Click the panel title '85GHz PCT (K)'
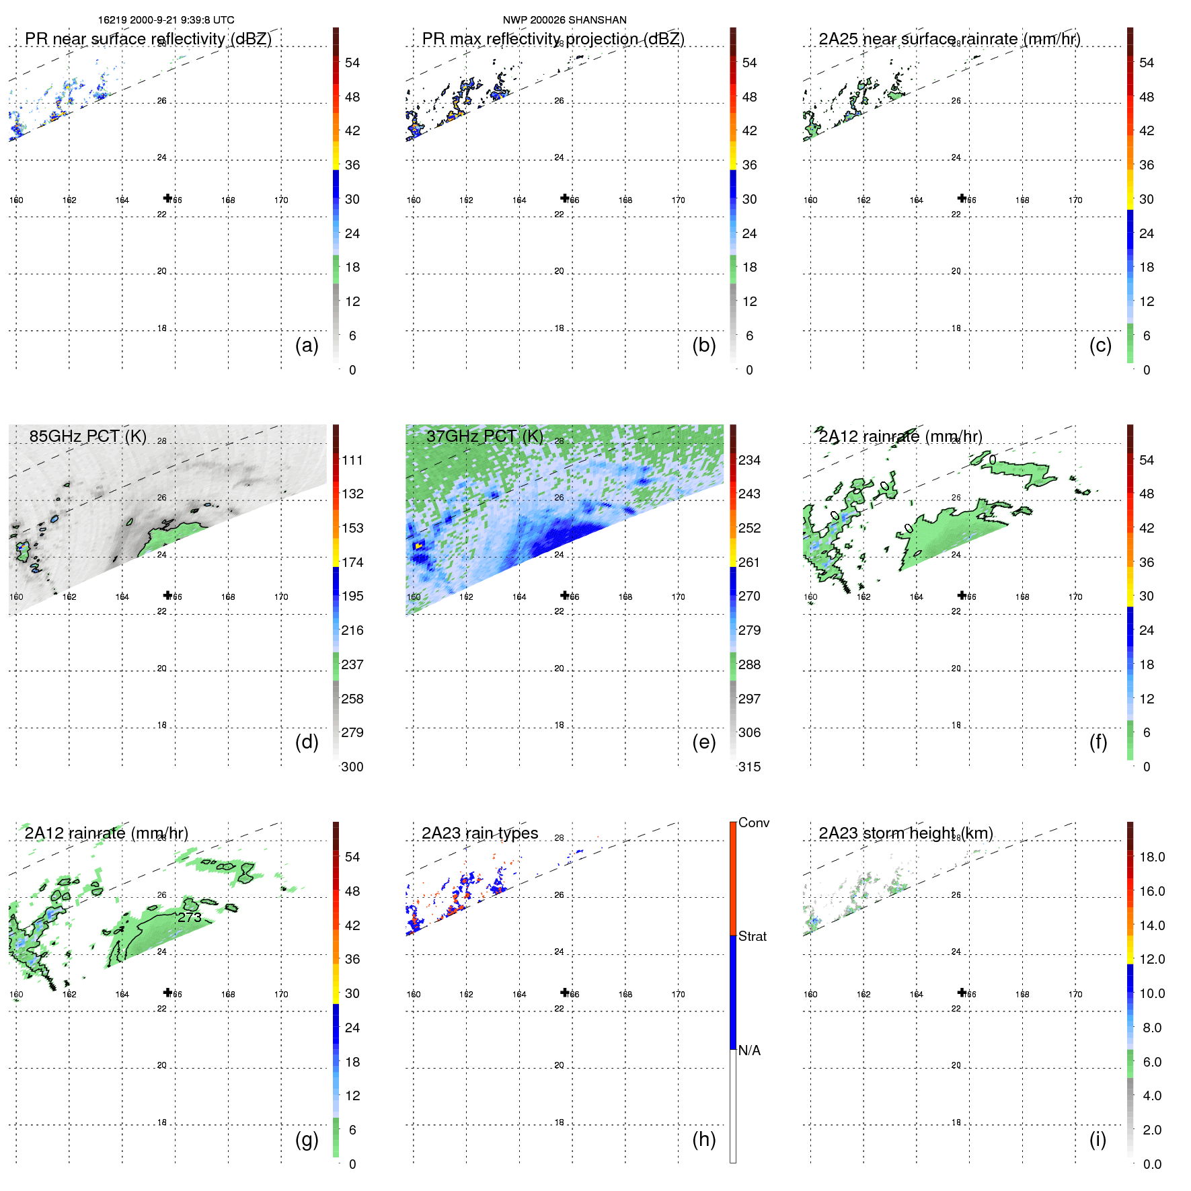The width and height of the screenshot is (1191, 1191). coord(87,436)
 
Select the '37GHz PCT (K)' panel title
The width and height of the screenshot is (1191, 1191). coord(484,436)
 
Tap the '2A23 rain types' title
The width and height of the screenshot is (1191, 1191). coord(479,833)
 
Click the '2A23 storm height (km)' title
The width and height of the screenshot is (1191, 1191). coord(905,833)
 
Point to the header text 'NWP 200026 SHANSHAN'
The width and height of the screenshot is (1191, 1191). coord(564,20)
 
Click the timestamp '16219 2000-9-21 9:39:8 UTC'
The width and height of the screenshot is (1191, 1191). coord(166,20)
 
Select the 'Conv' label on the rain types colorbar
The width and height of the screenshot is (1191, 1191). coord(753,822)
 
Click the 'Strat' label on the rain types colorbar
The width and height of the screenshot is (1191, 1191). coord(752,936)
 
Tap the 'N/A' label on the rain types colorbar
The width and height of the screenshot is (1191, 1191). coord(749,1050)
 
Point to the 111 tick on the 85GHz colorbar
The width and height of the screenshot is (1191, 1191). coord(352,460)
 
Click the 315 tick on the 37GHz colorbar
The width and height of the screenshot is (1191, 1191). coord(748,767)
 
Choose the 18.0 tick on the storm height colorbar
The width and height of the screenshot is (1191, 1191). coord(1151,857)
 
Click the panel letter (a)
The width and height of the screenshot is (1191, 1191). coord(307,345)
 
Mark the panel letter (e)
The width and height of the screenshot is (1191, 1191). coord(703,742)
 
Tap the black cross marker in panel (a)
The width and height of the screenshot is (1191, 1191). coord(167,198)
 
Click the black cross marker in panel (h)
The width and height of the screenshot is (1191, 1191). coord(565,992)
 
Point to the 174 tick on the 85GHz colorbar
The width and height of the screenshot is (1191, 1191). coord(352,562)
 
